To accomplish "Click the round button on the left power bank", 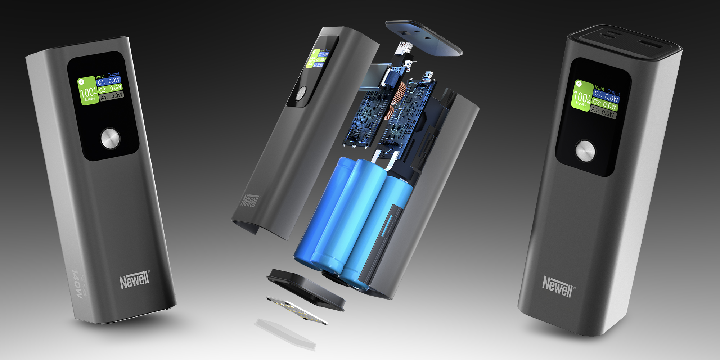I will [x=110, y=138].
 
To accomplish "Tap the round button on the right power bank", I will [x=585, y=151].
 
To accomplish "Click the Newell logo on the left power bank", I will [x=134, y=280].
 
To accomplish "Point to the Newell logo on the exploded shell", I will [x=250, y=201].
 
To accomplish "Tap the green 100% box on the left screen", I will [x=88, y=91].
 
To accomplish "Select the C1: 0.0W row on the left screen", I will [x=109, y=81].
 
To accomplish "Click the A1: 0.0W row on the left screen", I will [x=112, y=96].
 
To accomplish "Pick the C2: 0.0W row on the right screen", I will [x=605, y=104].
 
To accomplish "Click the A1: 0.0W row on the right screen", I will [x=603, y=112].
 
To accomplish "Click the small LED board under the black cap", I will [x=297, y=310].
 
